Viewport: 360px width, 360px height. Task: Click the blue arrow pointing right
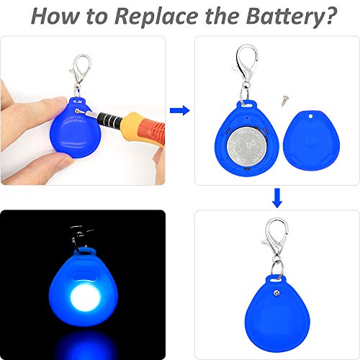[179, 110]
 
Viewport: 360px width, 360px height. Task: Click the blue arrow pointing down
[276, 196]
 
